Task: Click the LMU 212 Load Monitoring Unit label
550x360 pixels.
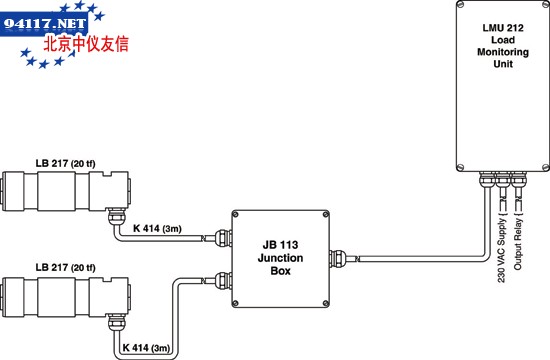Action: coord(503,46)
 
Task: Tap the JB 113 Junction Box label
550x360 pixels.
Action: coord(280,258)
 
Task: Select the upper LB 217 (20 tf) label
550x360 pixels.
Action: coord(65,164)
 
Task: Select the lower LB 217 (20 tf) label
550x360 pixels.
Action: coord(65,268)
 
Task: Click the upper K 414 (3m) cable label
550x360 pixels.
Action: coord(157,228)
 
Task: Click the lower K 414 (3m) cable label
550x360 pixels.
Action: coord(146,348)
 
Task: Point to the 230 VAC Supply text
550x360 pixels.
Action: coord(502,250)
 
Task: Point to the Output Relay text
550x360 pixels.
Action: coord(518,244)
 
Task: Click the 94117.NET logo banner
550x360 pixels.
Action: coord(44,24)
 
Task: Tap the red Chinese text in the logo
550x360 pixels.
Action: coord(86,45)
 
